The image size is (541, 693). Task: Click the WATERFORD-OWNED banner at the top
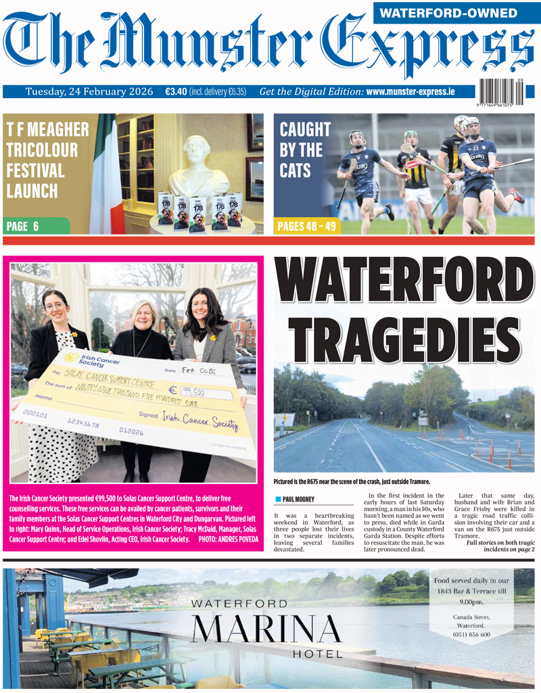458,12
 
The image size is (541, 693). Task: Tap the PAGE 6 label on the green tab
22,226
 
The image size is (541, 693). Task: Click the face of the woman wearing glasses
55,307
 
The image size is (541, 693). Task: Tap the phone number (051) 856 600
471,634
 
